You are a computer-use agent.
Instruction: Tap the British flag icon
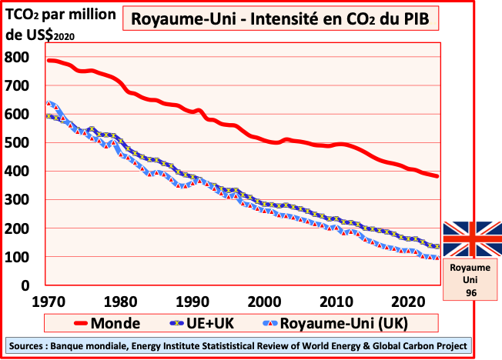click(x=472, y=239)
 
